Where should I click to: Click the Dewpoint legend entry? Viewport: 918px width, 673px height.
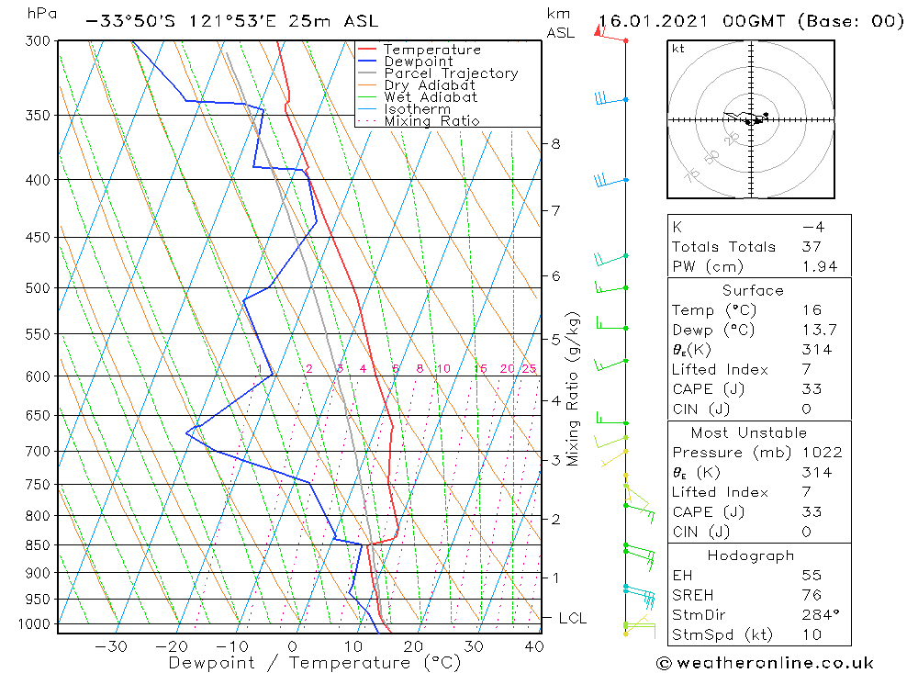coord(418,62)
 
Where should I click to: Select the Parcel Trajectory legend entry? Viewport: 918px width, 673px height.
coord(451,73)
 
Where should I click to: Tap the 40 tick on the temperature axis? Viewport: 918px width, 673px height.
coord(532,646)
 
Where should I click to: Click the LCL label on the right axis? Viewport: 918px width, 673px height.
coord(572,619)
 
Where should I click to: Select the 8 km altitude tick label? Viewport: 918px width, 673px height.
coord(555,144)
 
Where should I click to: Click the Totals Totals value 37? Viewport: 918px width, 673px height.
coord(811,247)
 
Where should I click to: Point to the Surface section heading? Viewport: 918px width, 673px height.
coord(753,291)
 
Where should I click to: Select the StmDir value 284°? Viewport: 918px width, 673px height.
coord(816,615)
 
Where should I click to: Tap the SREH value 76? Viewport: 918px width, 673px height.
coord(811,595)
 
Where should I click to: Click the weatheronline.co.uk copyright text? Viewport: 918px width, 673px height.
coord(765,663)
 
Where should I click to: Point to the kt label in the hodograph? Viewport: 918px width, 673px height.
coord(678,49)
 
